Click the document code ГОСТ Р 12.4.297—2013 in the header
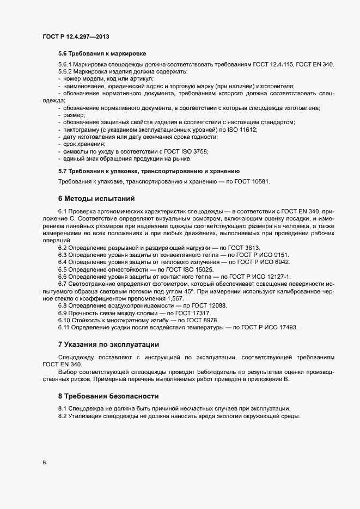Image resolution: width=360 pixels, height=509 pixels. point(76,35)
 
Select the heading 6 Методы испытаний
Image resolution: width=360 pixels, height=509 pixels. point(96,198)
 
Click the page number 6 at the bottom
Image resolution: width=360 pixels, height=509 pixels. point(44,463)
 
